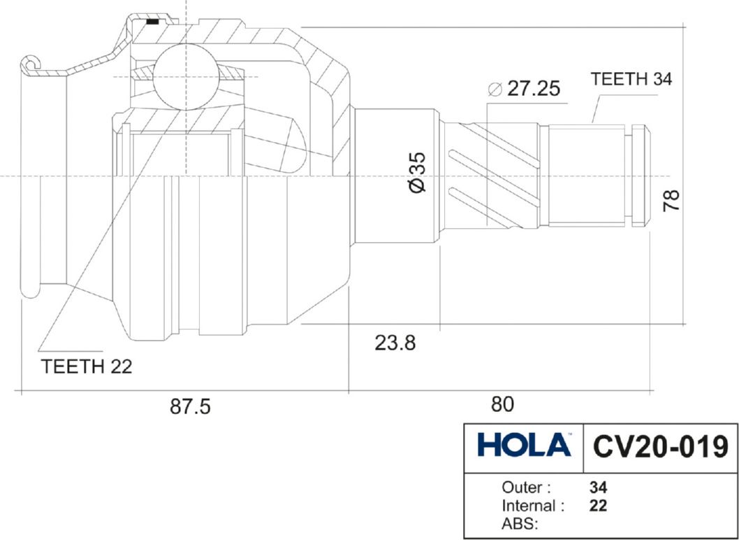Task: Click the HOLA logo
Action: click(524, 445)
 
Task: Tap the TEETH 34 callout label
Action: click(631, 79)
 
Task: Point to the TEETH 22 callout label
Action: click(87, 367)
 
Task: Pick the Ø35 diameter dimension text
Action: click(418, 172)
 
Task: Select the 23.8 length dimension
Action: click(395, 343)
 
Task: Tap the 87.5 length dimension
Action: click(190, 406)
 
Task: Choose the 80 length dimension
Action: click(502, 404)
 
